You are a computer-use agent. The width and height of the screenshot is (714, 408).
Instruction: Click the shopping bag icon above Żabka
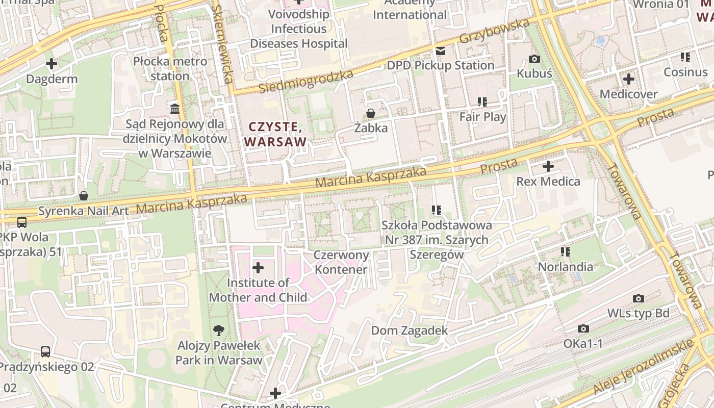pyautogui.click(x=370, y=113)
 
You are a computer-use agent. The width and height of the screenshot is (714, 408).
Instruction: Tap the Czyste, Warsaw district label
pyautogui.click(x=276, y=134)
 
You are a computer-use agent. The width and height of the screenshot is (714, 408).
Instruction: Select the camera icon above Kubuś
pyautogui.click(x=534, y=59)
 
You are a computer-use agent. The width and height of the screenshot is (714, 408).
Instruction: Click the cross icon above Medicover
pyautogui.click(x=628, y=79)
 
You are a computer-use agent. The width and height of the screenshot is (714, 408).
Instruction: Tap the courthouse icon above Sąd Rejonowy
pyautogui.click(x=175, y=109)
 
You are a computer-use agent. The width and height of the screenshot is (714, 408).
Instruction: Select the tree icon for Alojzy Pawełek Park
pyautogui.click(x=219, y=330)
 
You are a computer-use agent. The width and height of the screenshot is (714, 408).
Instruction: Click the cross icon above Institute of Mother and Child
pyautogui.click(x=258, y=268)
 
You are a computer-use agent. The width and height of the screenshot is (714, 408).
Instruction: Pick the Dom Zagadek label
pyautogui.click(x=409, y=330)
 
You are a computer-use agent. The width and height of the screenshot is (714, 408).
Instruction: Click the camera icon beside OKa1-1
pyautogui.click(x=583, y=329)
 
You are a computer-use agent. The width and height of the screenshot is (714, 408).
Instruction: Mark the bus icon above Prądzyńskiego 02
pyautogui.click(x=45, y=351)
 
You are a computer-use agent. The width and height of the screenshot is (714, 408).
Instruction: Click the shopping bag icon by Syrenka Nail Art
pyautogui.click(x=84, y=196)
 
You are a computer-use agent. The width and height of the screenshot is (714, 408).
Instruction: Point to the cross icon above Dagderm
pyautogui.click(x=52, y=64)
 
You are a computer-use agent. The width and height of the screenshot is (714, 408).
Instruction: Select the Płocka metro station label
pyautogui.click(x=170, y=69)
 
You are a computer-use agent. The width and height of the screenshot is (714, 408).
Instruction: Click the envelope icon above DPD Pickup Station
pyautogui.click(x=440, y=50)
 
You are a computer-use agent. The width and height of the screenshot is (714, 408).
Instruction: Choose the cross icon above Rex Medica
pyautogui.click(x=548, y=166)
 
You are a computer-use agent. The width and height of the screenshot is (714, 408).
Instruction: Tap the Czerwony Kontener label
pyautogui.click(x=341, y=262)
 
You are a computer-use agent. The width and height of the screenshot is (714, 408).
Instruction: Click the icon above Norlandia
pyautogui.click(x=565, y=251)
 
